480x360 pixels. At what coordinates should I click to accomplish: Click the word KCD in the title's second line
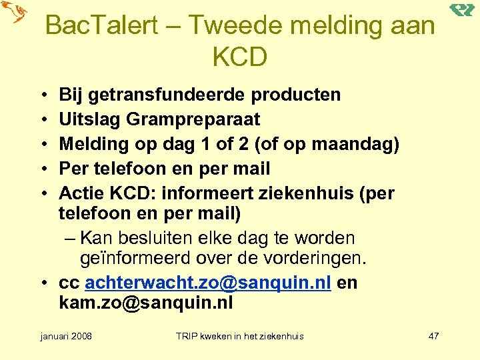(x=240, y=57)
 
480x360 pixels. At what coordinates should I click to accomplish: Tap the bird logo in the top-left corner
(x=14, y=13)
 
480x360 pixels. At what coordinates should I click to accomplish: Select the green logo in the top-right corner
(x=461, y=9)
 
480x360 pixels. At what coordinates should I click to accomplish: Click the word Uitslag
(x=89, y=120)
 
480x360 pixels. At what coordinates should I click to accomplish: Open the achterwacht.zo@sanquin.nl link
(x=209, y=283)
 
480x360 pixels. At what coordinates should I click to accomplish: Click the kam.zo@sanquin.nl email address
(x=146, y=303)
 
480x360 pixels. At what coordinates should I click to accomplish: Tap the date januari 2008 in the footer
(x=66, y=336)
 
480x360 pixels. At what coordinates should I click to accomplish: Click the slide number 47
(x=433, y=336)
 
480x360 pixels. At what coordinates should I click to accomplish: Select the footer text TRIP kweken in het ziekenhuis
(x=239, y=336)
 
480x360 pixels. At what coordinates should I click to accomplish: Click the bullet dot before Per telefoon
(x=42, y=169)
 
